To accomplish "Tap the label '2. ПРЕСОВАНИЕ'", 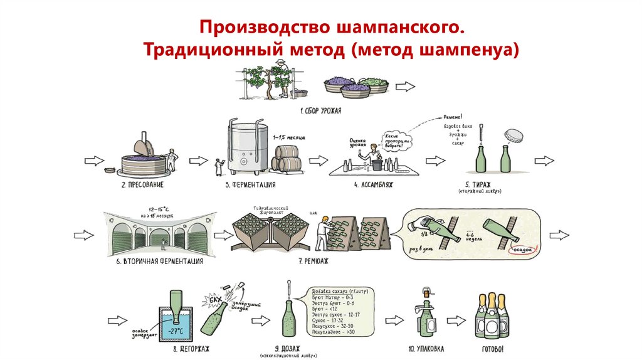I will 142,186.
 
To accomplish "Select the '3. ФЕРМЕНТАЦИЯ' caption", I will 250,186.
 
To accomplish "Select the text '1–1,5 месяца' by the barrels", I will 287,136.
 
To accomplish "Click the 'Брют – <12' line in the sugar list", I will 324,309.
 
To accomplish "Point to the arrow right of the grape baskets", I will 406,86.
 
